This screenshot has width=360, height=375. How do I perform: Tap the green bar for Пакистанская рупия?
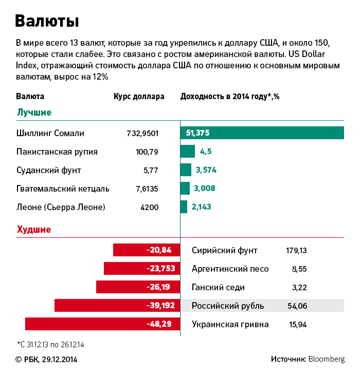[x=187, y=151]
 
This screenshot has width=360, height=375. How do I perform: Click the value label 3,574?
[x=206, y=170]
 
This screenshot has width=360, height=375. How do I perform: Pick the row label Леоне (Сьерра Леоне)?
[x=61, y=207]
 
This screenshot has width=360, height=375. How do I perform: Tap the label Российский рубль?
[x=228, y=306]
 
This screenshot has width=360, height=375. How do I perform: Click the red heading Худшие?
[x=34, y=230]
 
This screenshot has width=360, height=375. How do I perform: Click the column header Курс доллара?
[x=139, y=96]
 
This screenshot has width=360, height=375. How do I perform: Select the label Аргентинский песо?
[x=230, y=269]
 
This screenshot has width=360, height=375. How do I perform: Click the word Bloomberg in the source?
[x=327, y=359]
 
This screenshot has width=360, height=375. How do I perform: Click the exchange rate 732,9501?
[x=142, y=133]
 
